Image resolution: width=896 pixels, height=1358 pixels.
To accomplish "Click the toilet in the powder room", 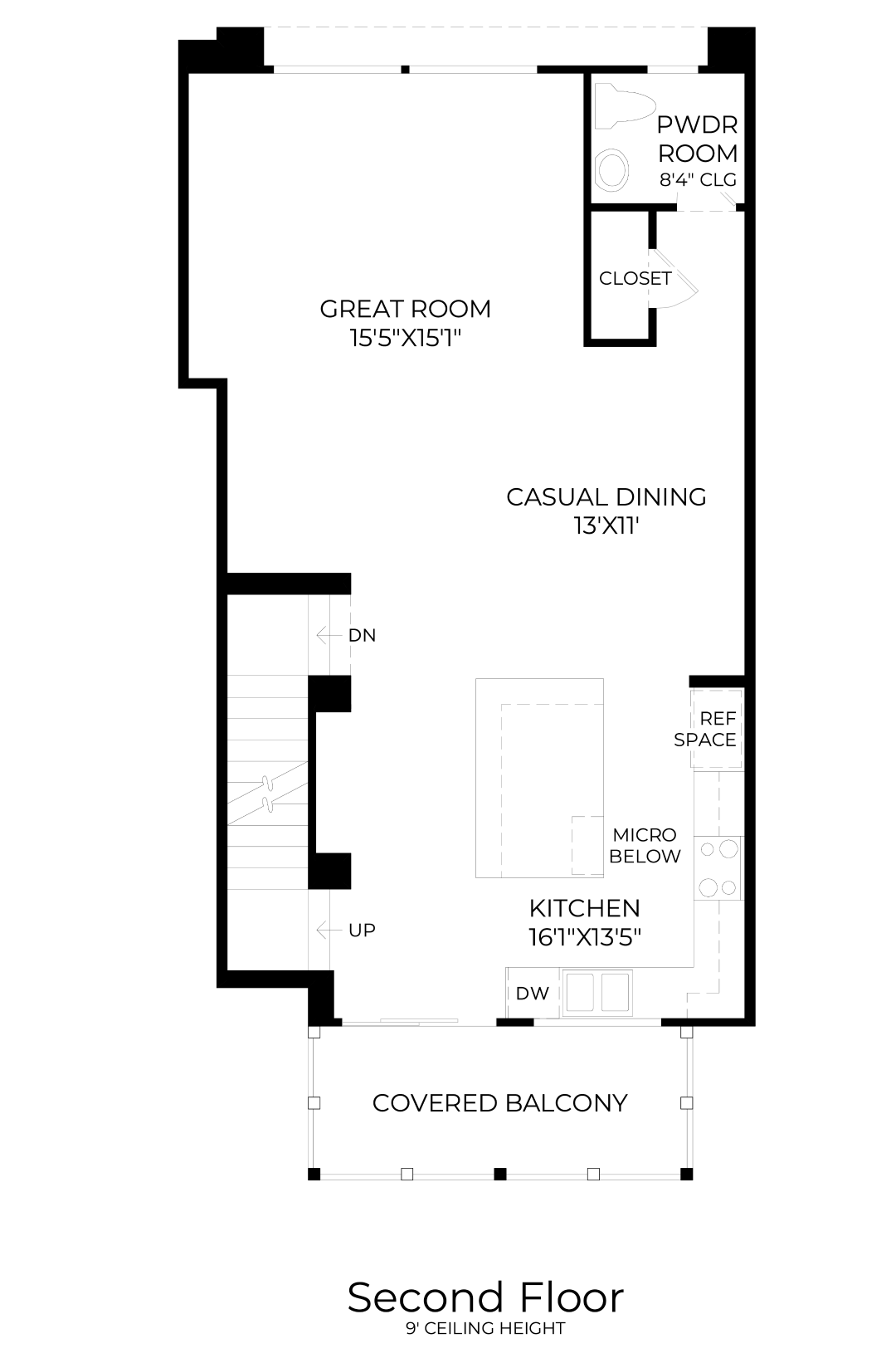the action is (624, 106).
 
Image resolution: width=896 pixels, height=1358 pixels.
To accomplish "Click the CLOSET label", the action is (635, 278).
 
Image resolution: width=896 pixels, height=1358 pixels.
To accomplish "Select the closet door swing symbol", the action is (674, 279).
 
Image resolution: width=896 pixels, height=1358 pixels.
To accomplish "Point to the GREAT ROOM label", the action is (406, 309).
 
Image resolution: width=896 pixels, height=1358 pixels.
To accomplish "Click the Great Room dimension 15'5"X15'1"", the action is (406, 338).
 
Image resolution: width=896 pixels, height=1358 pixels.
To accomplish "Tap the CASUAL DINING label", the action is (606, 497).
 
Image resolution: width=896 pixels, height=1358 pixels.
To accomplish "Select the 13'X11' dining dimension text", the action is (606, 525).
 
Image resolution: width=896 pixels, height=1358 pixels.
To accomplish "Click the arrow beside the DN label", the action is (329, 635).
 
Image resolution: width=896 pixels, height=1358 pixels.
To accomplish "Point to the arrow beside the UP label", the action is (329, 930).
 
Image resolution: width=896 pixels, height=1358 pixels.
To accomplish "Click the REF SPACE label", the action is (705, 729).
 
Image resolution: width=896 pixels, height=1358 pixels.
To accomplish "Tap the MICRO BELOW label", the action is (645, 845).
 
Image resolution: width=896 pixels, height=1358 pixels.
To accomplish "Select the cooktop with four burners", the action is (718, 868).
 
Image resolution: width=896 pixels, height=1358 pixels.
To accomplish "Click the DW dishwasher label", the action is (533, 993).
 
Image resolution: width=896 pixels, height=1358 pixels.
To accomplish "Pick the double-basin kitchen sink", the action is (597, 993).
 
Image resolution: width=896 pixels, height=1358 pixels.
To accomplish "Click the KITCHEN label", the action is (585, 908).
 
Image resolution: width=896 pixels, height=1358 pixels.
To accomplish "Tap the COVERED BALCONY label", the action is (499, 1103).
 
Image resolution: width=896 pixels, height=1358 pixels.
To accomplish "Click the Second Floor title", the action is (485, 1297).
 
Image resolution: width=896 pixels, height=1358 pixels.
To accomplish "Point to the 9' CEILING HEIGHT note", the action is (485, 1328).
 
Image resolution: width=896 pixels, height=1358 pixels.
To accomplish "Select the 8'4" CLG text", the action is (698, 180).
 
